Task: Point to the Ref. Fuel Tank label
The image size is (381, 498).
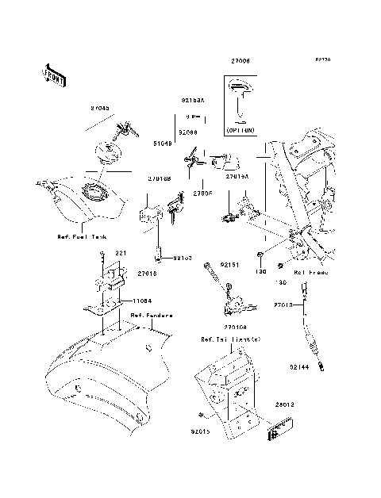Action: point(79,236)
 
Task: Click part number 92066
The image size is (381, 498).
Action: point(188,132)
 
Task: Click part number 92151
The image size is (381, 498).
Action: point(229,264)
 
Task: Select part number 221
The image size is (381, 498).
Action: point(121,253)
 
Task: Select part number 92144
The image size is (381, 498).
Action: point(299,367)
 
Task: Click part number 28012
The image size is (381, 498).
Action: point(286,404)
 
